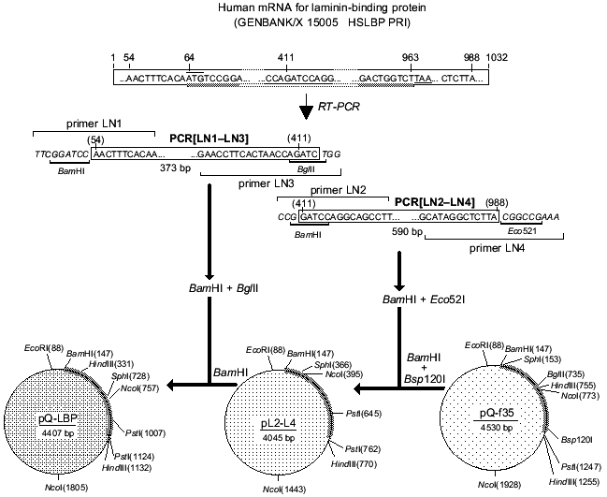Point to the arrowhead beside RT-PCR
[x=307, y=110]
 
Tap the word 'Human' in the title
[x=236, y=7]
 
